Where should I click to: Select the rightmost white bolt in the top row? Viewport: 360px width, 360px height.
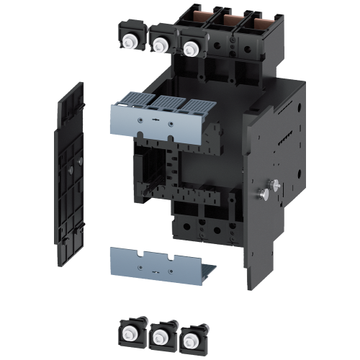point(190,49)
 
